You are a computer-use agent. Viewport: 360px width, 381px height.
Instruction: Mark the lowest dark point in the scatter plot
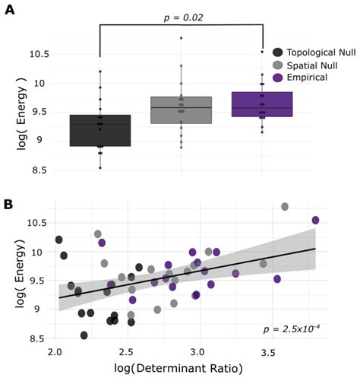(84, 335)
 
